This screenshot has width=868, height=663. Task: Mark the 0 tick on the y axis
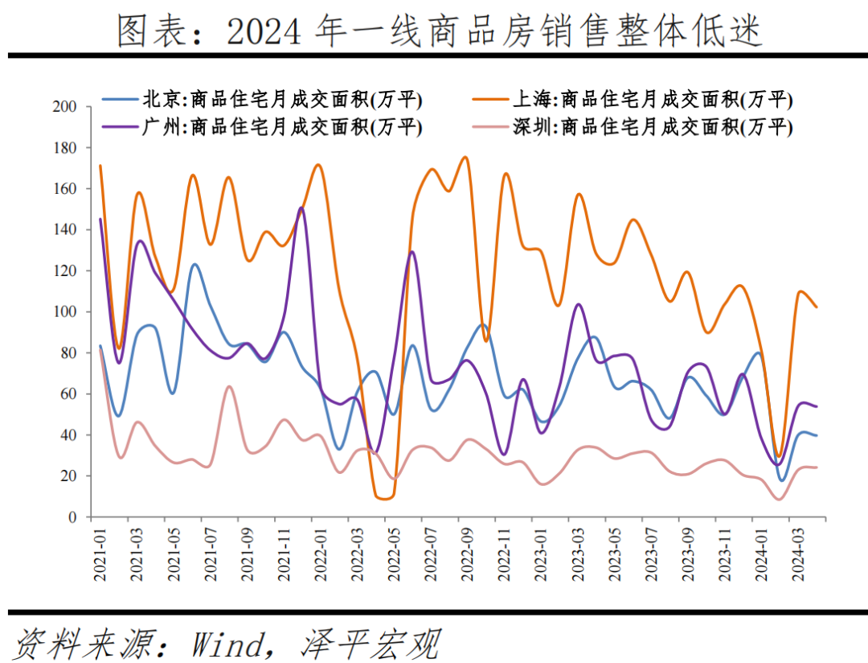point(72,517)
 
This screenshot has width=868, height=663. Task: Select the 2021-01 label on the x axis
point(100,554)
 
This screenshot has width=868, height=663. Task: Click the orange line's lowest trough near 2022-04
point(383,499)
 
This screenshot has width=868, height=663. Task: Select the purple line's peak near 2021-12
point(301,208)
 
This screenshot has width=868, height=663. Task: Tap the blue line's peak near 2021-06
point(194,264)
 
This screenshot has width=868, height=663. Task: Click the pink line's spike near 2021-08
point(229,386)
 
